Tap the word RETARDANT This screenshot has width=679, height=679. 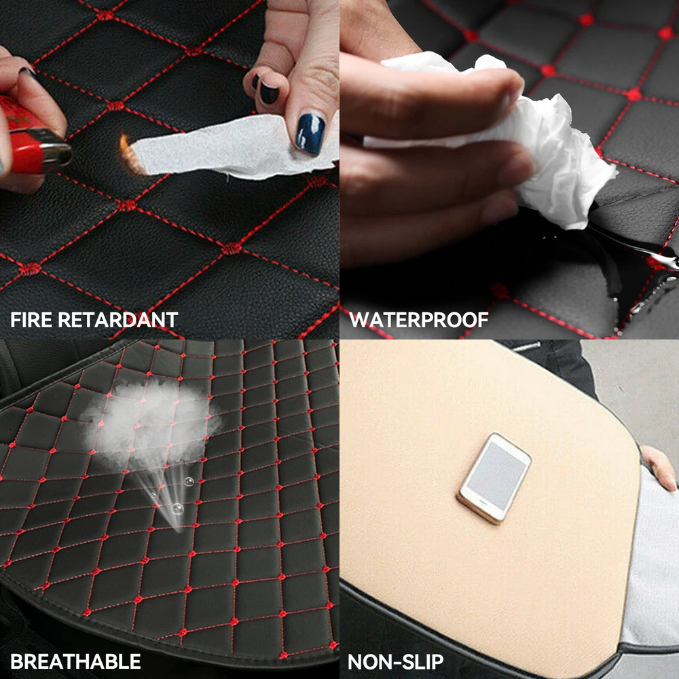(x=117, y=320)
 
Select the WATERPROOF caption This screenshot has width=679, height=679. (x=419, y=320)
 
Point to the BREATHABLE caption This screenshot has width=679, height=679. (x=75, y=661)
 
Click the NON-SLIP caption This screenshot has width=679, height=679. (x=395, y=661)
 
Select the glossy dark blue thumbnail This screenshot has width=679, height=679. (x=310, y=134)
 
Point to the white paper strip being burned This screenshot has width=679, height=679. (x=234, y=147)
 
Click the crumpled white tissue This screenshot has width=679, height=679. (x=519, y=130)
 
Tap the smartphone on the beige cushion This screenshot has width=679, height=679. (x=494, y=477)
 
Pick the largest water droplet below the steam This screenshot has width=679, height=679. (x=177, y=509)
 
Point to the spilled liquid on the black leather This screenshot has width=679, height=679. (x=623, y=260)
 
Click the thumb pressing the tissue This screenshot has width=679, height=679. (x=433, y=93)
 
